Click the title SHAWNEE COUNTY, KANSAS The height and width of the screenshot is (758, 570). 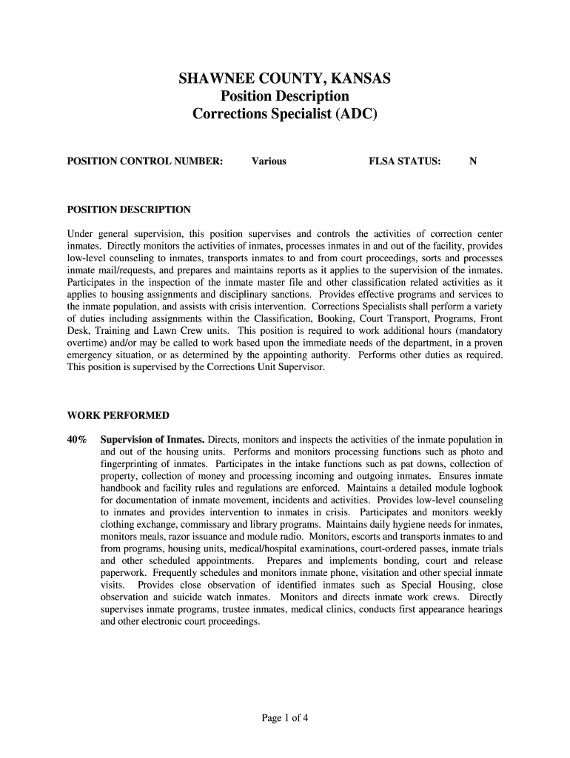pyautogui.click(x=285, y=78)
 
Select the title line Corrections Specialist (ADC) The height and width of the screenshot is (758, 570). pyautogui.click(x=285, y=114)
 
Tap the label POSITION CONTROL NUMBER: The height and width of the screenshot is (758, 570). pyautogui.click(x=145, y=161)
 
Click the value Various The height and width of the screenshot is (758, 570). pyautogui.click(x=269, y=161)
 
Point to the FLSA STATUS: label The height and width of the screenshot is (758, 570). pyautogui.click(x=405, y=161)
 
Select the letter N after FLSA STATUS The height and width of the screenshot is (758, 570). pyautogui.click(x=472, y=161)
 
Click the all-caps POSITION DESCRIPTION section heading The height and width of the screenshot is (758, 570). pyautogui.click(x=129, y=209)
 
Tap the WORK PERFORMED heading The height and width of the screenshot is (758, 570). pyautogui.click(x=118, y=415)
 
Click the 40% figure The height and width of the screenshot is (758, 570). pyautogui.click(x=78, y=440)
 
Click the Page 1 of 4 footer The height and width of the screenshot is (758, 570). pyautogui.click(x=285, y=717)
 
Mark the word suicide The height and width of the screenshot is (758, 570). pyautogui.click(x=188, y=597)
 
